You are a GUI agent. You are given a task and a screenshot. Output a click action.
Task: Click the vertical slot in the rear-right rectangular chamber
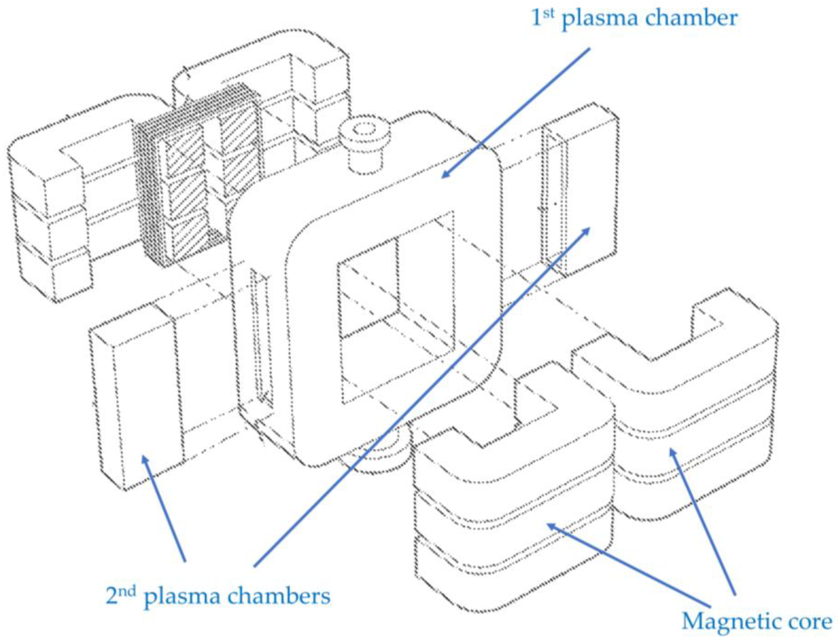(x=555, y=198)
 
